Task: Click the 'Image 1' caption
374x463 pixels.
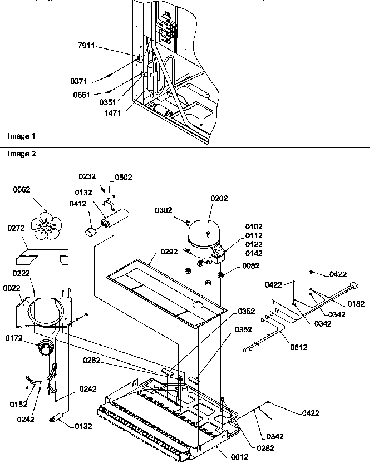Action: coord(21,136)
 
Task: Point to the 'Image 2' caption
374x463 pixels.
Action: coord(21,154)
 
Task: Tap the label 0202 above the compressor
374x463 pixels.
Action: coord(219,198)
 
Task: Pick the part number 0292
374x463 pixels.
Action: coord(170,252)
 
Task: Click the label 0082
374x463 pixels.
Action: coord(250,267)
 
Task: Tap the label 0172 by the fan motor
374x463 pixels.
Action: coord(16,338)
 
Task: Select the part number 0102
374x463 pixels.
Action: coord(254,226)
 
